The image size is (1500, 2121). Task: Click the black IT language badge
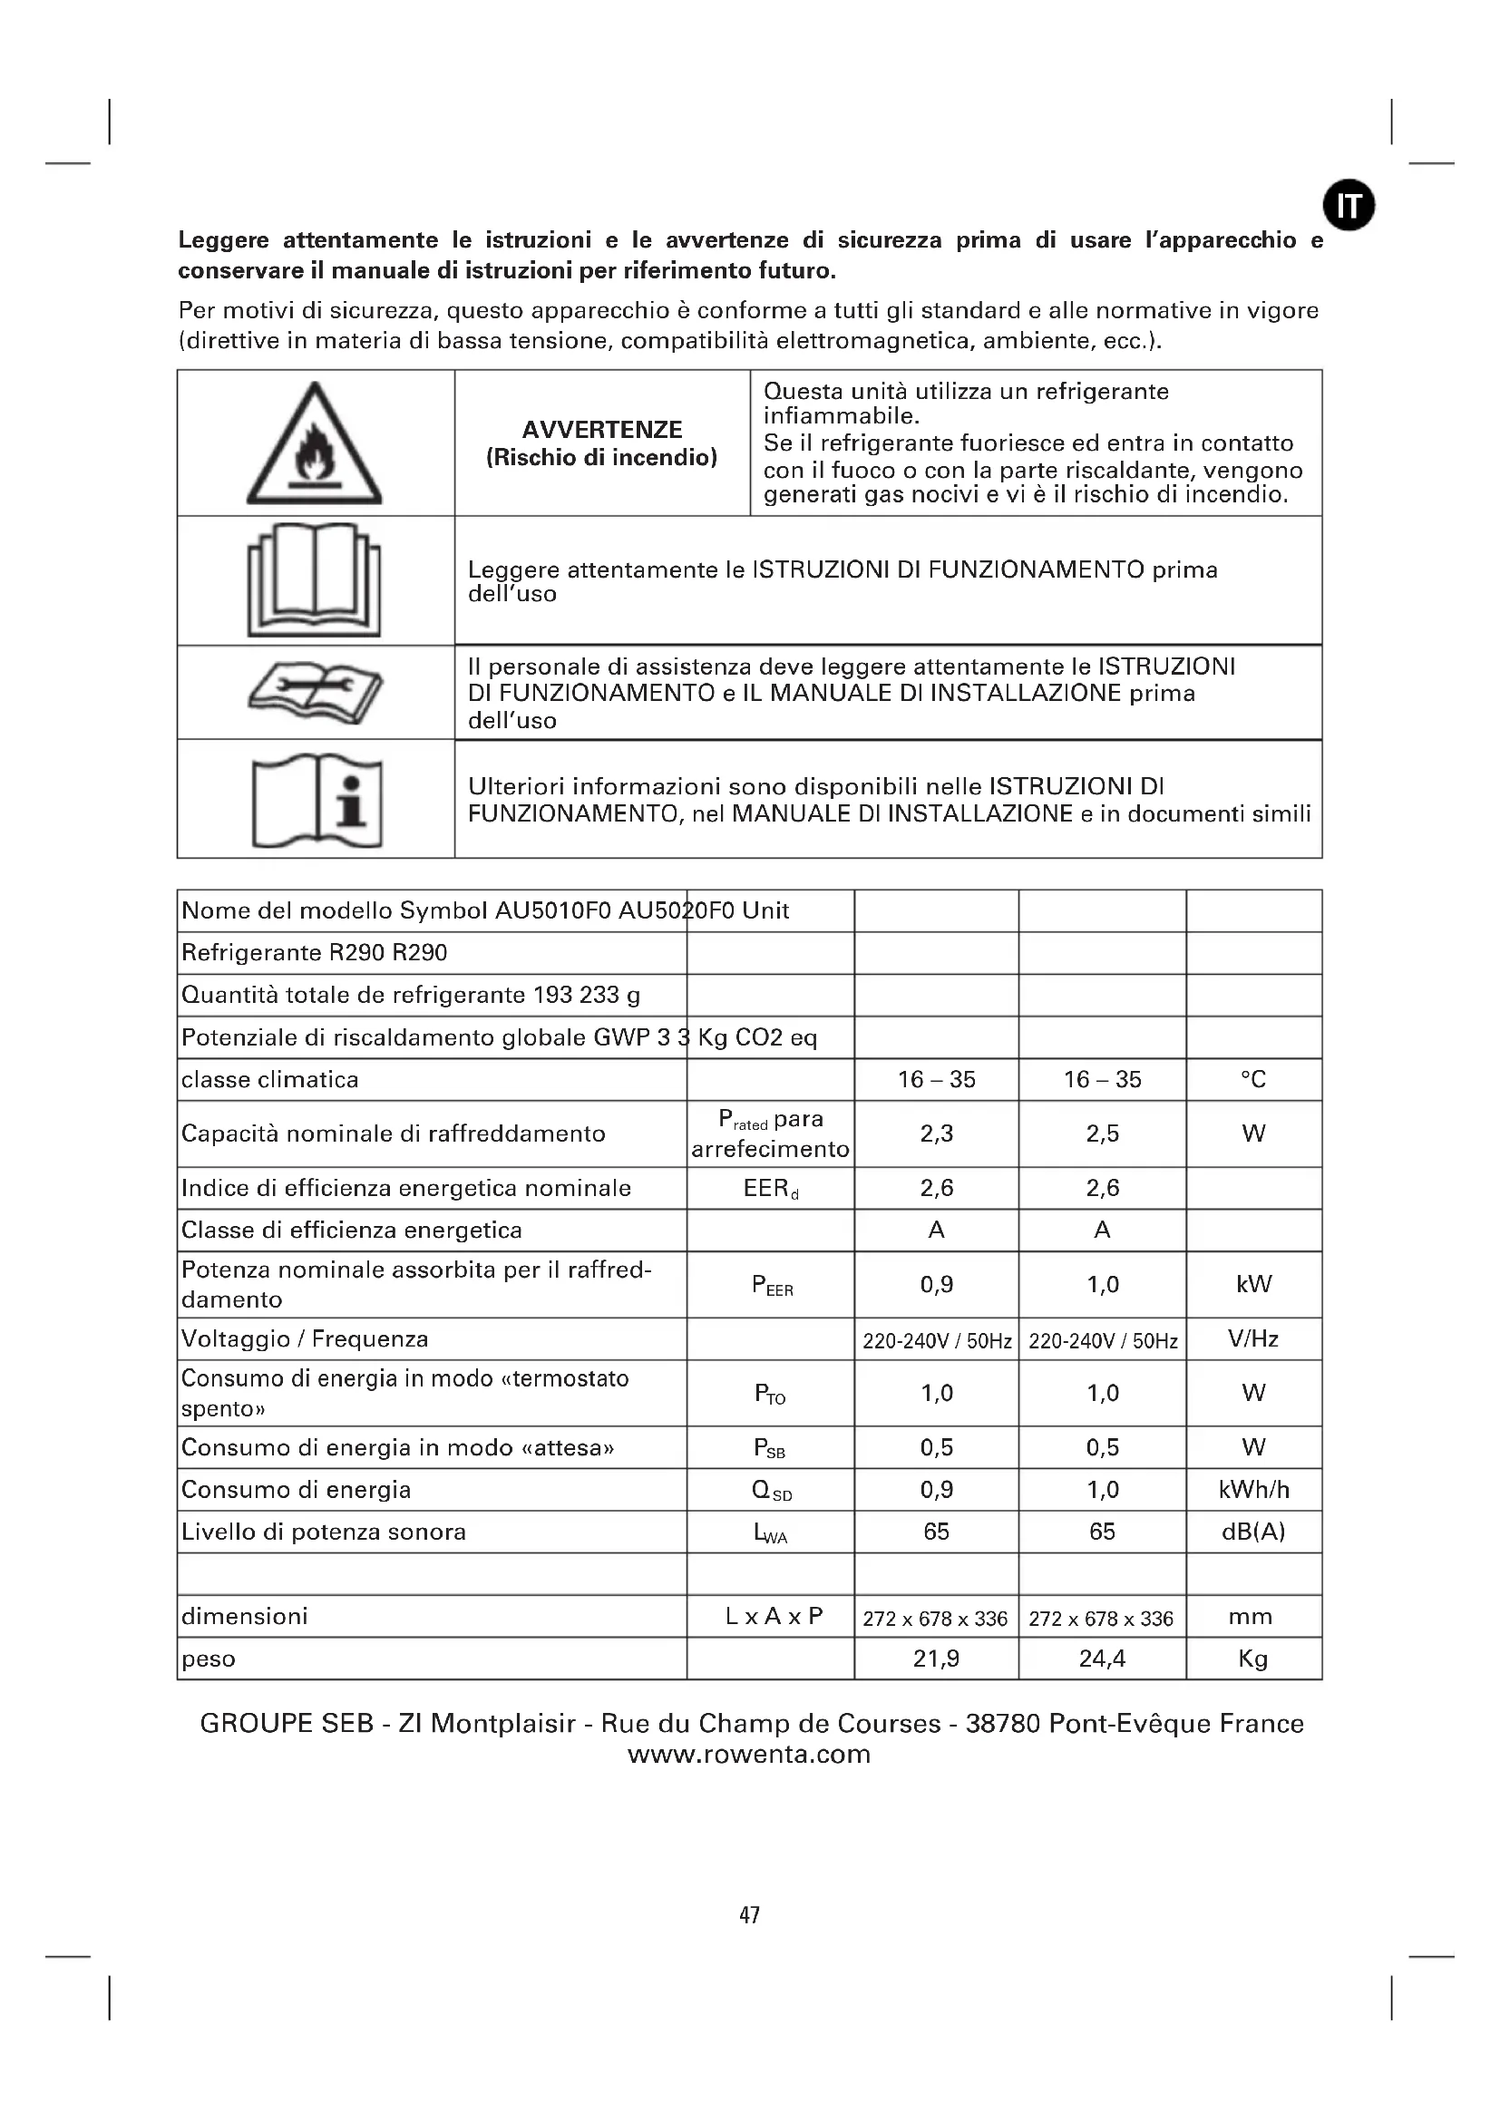1349,205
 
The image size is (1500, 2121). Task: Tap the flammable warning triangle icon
314,444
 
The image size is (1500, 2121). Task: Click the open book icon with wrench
315,694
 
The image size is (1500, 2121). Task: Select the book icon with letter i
317,801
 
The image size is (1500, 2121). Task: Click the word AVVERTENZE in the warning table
601,430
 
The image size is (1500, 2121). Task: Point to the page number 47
749,1915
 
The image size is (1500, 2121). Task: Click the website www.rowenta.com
749,1755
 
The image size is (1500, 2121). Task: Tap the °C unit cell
1252,1079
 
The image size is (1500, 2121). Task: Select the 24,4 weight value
1102,1659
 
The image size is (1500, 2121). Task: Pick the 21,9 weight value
936,1659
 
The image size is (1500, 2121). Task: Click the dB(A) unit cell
1252,1532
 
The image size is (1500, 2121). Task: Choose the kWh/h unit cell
1252,1489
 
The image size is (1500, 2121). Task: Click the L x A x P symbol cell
773,1616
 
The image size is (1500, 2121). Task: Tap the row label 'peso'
209,1659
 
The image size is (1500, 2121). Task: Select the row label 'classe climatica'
269,1079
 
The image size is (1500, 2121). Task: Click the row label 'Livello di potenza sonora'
323,1532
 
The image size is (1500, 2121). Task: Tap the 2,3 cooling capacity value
936,1133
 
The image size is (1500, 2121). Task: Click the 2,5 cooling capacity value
1102,1133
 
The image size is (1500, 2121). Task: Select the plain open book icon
314,580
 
